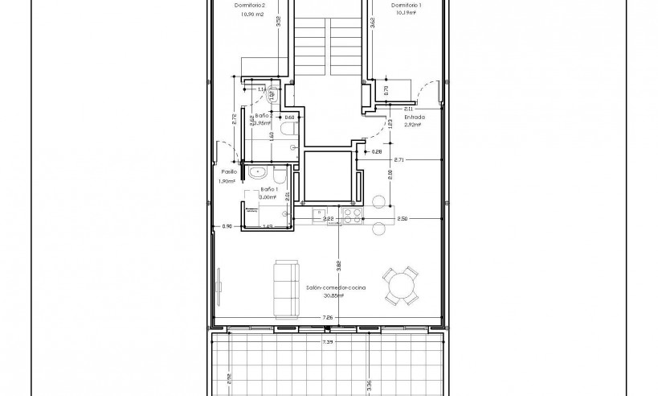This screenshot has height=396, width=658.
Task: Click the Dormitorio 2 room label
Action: tap(250, 6)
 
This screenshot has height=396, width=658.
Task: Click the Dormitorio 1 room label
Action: tap(406, 6)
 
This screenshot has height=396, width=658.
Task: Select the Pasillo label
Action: tap(229, 171)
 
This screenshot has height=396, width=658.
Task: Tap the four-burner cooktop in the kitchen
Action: tap(351, 215)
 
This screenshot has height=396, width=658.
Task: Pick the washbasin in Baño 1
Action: tap(258, 171)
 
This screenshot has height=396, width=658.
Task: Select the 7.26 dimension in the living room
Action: tap(327, 318)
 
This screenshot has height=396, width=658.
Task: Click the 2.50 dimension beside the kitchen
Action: tap(403, 218)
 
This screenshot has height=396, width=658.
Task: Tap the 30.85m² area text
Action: tap(333, 295)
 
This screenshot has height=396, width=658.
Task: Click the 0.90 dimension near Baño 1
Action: tap(227, 227)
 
